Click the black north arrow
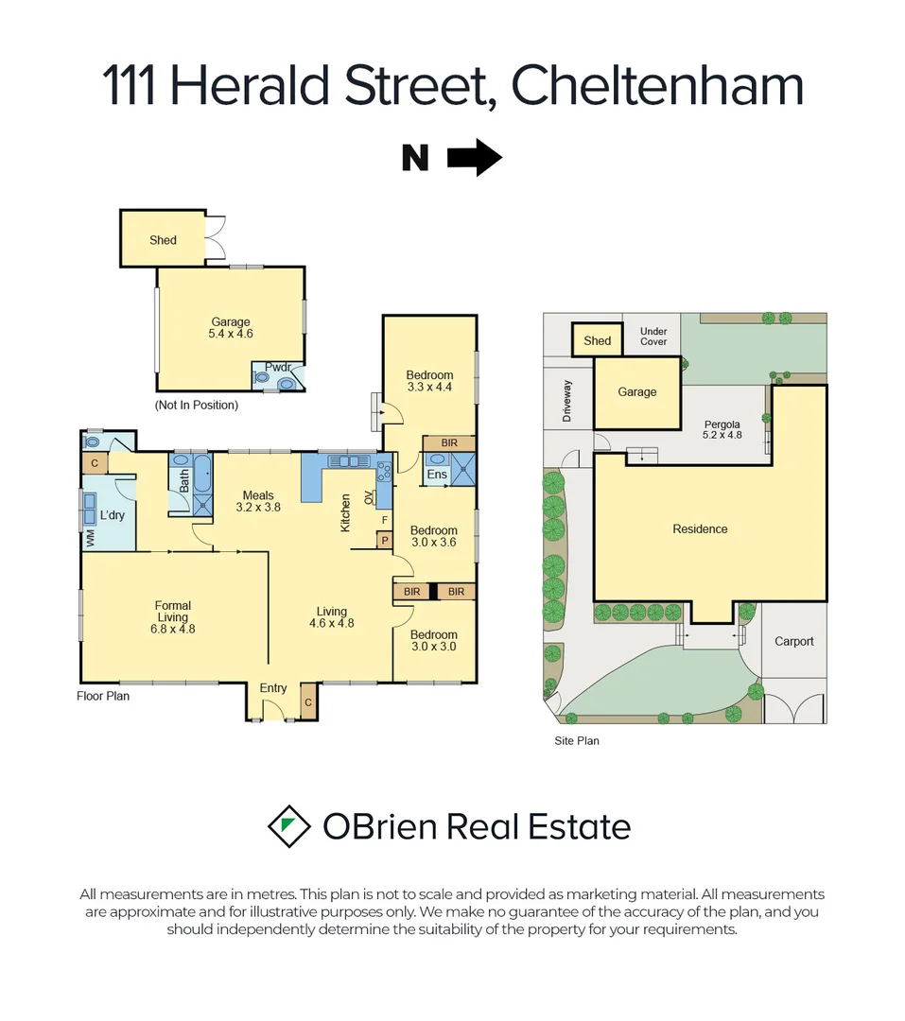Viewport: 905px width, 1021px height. pyautogui.click(x=474, y=157)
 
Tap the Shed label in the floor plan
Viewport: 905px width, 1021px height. pyautogui.click(x=163, y=240)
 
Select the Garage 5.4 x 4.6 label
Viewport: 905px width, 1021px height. pyautogui.click(x=231, y=328)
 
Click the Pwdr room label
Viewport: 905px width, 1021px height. pyautogui.click(x=278, y=368)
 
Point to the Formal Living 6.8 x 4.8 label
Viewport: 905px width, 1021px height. pyautogui.click(x=173, y=616)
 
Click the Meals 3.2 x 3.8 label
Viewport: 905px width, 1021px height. pyautogui.click(x=258, y=501)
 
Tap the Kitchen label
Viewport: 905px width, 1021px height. pyautogui.click(x=346, y=511)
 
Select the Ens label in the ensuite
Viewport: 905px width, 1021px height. pyautogui.click(x=437, y=474)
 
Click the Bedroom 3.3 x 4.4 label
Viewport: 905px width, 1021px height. pyautogui.click(x=429, y=381)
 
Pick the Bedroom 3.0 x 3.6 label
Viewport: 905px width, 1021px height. pyautogui.click(x=433, y=536)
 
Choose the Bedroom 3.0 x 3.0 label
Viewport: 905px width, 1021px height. pyautogui.click(x=433, y=640)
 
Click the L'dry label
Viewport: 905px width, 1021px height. pyautogui.click(x=113, y=516)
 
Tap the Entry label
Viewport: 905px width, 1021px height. pyautogui.click(x=273, y=688)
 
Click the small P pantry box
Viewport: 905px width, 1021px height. pyautogui.click(x=385, y=540)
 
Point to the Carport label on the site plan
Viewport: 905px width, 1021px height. pyautogui.click(x=793, y=641)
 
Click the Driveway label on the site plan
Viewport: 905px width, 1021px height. pyautogui.click(x=567, y=401)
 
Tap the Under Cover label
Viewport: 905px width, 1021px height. pyautogui.click(x=653, y=337)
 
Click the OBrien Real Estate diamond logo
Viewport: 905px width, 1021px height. pyautogui.click(x=289, y=826)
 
